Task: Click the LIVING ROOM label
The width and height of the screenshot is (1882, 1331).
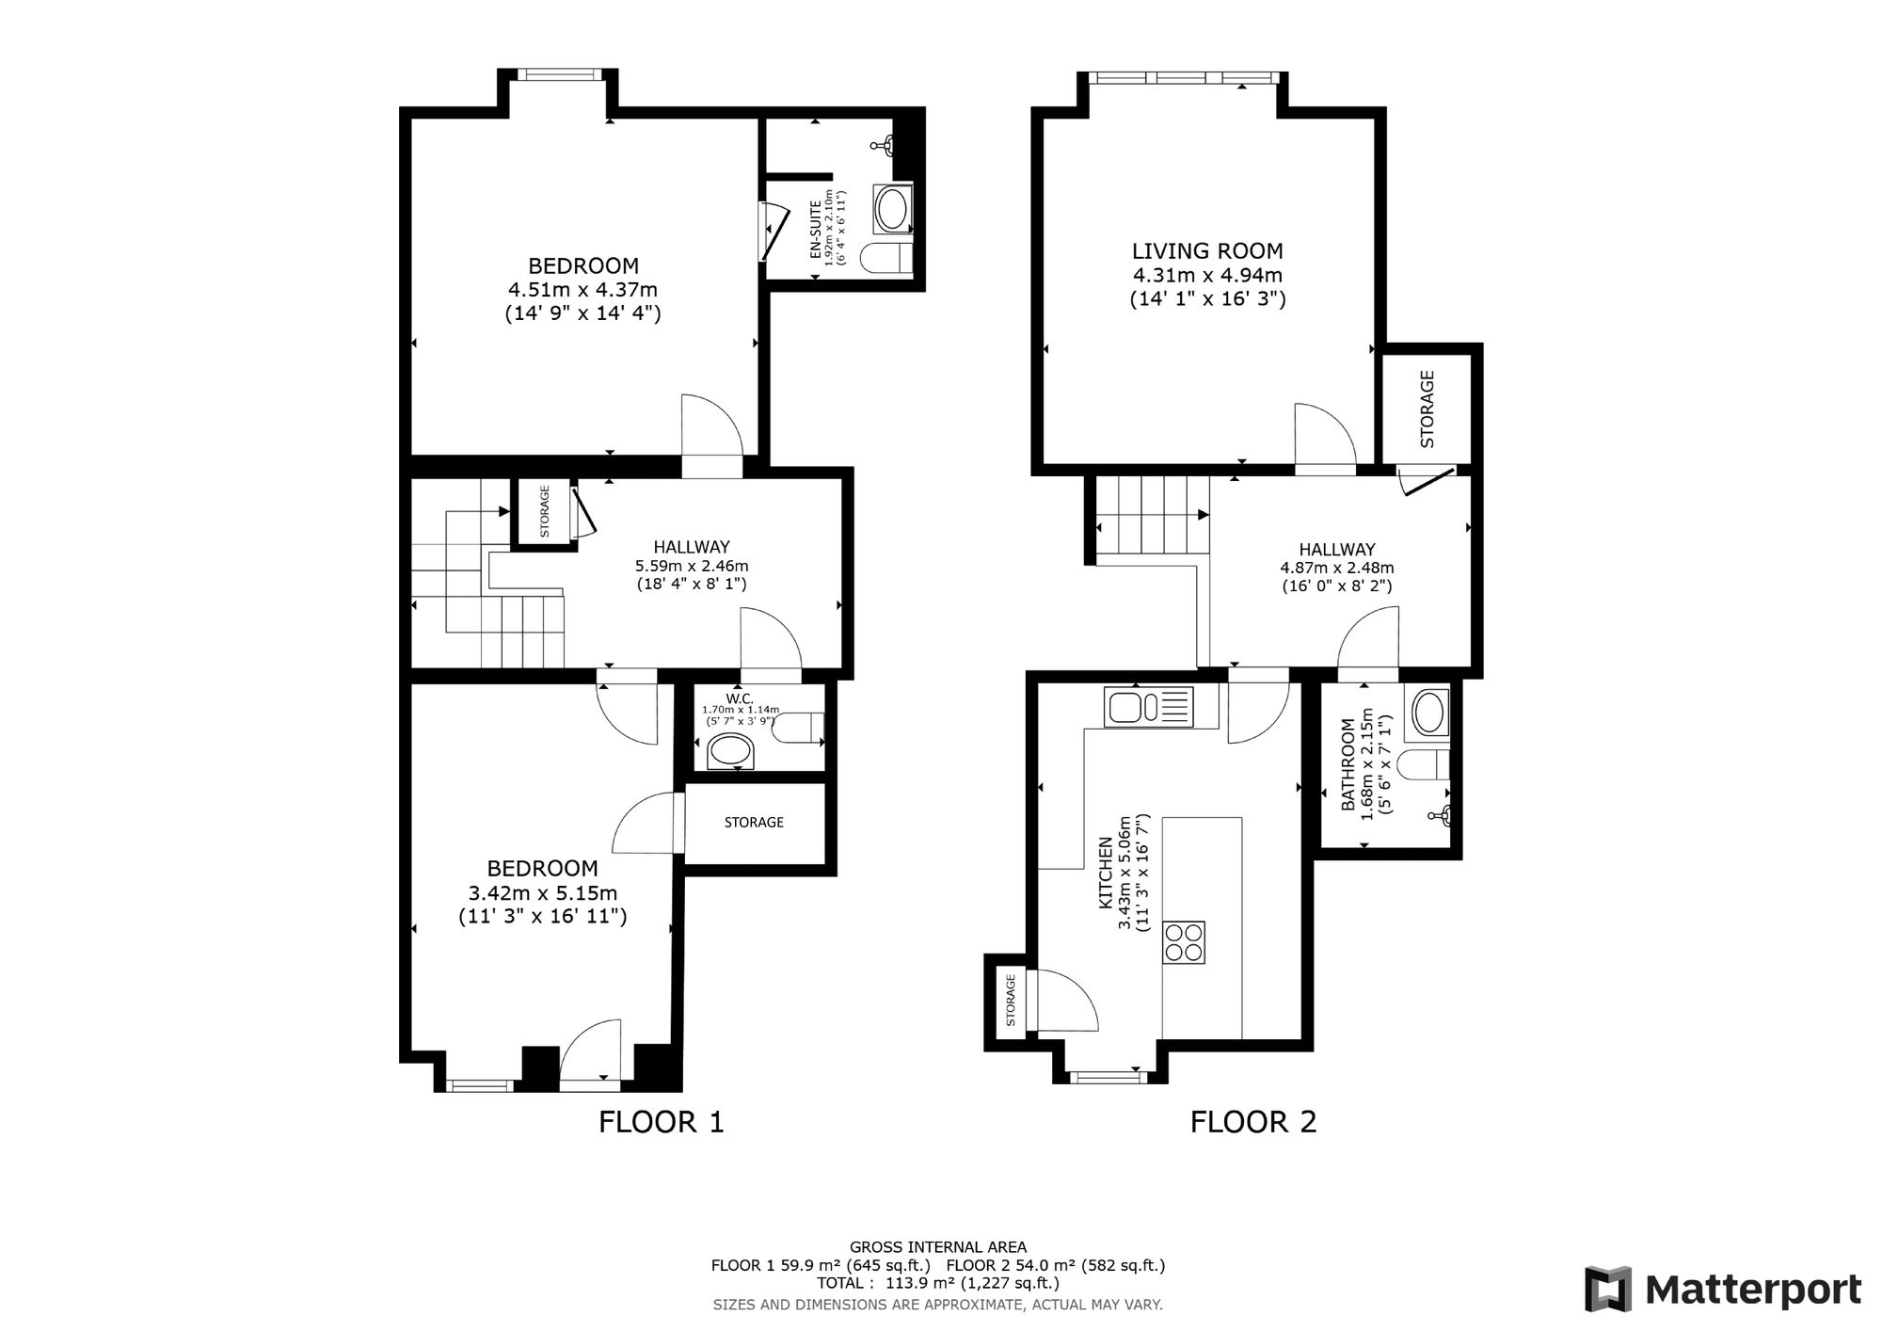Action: [1207, 251]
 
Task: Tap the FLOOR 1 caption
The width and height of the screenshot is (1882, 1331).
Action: [662, 1122]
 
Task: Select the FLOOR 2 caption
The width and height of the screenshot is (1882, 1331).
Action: [1253, 1122]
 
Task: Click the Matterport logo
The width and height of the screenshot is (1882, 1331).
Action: [1723, 1289]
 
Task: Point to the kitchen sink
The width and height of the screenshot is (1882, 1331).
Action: [1148, 706]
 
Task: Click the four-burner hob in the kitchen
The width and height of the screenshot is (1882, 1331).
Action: [1184, 941]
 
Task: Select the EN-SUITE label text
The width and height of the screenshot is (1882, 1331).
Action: [815, 231]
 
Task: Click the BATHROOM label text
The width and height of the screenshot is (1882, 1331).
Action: [1348, 765]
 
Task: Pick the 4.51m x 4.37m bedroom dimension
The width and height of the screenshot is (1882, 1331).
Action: [582, 289]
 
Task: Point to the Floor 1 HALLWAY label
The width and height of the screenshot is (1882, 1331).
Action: [692, 547]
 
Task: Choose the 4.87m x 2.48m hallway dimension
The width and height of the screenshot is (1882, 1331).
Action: [1337, 568]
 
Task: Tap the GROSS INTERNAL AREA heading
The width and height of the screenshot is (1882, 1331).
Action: [938, 1247]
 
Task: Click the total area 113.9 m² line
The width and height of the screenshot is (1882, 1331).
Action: [938, 1283]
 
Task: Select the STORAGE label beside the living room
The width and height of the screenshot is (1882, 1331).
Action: [1427, 409]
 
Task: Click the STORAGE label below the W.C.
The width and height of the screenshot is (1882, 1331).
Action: [754, 822]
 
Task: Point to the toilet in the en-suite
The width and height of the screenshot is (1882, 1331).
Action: [886, 258]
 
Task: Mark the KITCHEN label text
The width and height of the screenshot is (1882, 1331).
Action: [1107, 874]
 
